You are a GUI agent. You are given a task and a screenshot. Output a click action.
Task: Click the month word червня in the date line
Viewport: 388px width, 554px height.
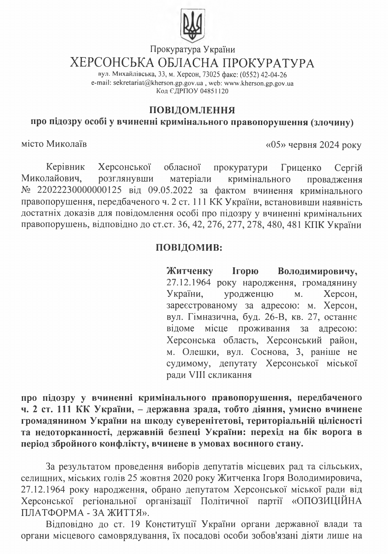click(x=303, y=145)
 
